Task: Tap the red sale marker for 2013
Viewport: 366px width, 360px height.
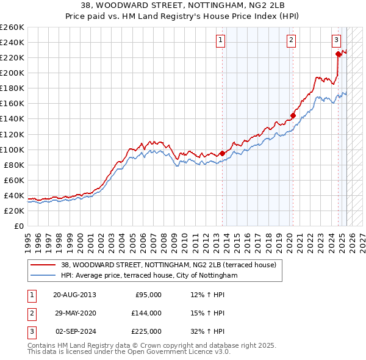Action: pos(221,153)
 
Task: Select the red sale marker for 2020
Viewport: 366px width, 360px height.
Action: pos(293,115)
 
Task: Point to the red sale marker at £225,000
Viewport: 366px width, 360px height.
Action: pos(338,54)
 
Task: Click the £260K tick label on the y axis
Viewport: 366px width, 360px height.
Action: pos(12,27)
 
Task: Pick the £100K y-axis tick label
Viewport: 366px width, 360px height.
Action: pos(12,149)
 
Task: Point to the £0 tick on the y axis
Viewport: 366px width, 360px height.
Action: pos(18,226)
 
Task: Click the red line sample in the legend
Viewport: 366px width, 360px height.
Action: pos(43,265)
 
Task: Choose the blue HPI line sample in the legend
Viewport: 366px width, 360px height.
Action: pos(43,276)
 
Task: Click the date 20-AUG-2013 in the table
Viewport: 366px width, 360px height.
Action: pos(74,294)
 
